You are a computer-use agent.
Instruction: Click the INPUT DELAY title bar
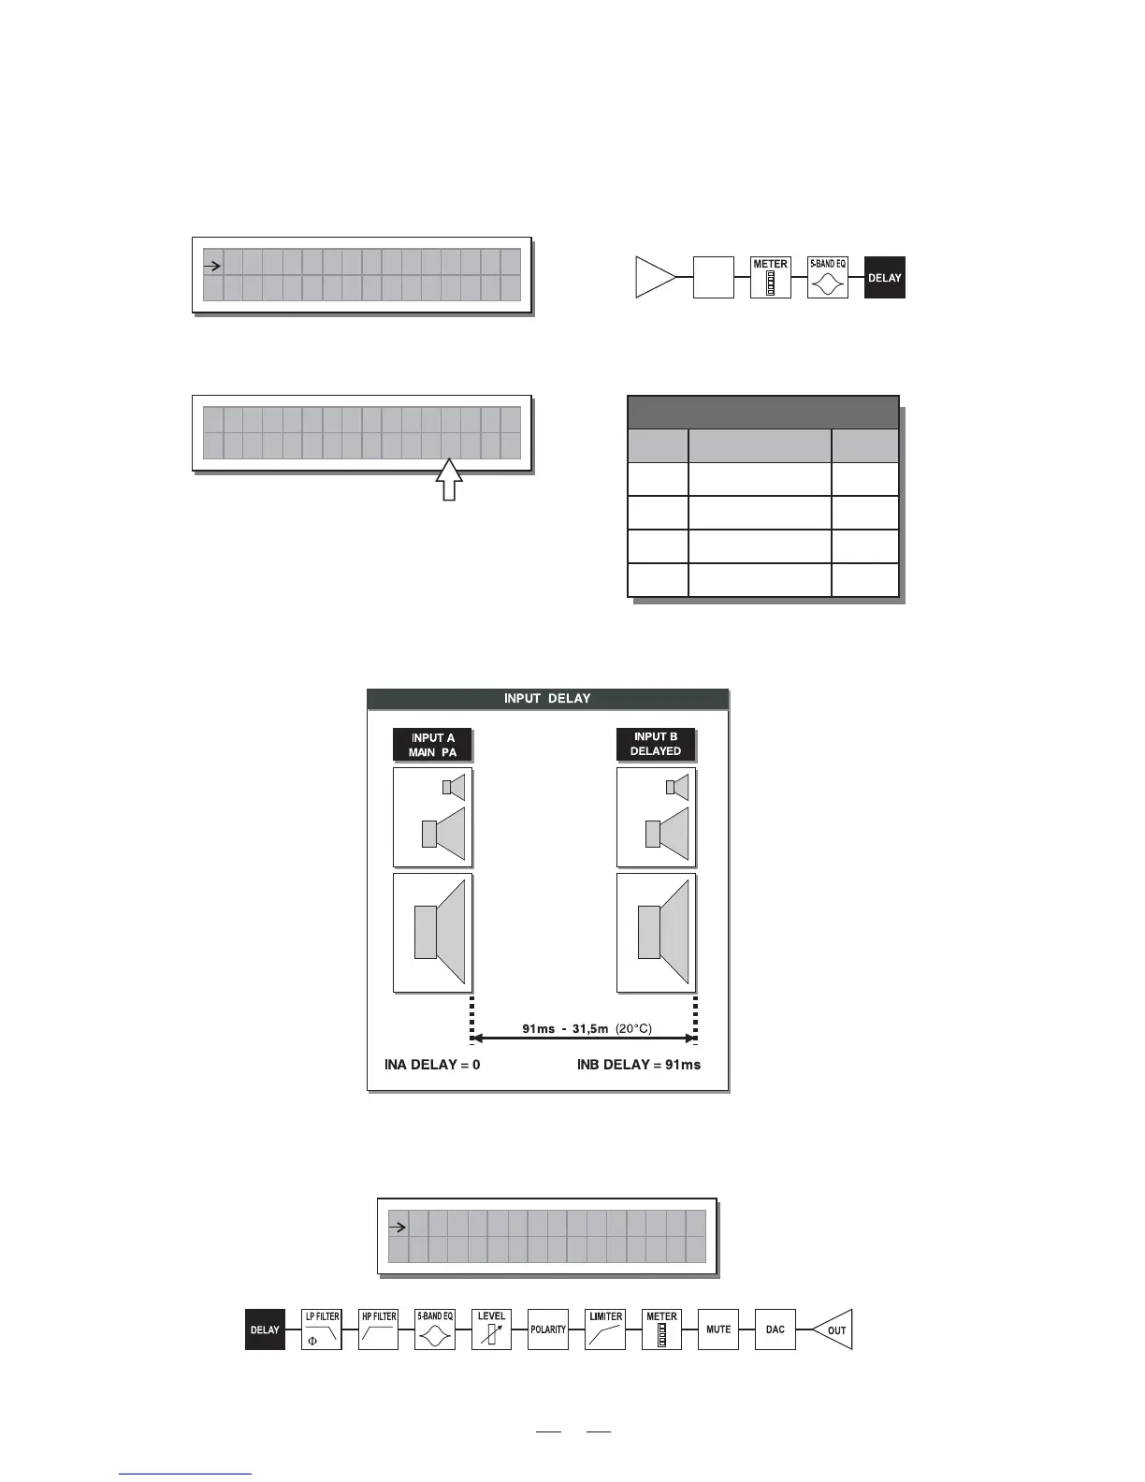[x=547, y=699]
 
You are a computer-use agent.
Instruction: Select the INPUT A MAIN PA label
[x=432, y=745]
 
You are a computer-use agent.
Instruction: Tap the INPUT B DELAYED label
[x=655, y=744]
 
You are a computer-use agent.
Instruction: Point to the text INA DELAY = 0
[x=432, y=1065]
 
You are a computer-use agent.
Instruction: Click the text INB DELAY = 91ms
[x=639, y=1065]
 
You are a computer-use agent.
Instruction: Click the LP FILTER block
[x=322, y=1329]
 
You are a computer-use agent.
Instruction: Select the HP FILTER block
[x=379, y=1329]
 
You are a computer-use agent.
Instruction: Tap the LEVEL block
[x=491, y=1329]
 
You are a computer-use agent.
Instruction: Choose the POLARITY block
[x=548, y=1329]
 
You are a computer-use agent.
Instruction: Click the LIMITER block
[x=605, y=1329]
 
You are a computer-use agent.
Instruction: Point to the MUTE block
[x=718, y=1329]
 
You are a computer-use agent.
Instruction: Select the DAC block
[x=775, y=1329]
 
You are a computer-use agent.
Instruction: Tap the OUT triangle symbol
[x=833, y=1329]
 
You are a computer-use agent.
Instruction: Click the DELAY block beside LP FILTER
[x=265, y=1329]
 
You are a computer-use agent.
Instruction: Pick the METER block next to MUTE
[x=661, y=1329]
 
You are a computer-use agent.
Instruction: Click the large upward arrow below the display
[x=450, y=479]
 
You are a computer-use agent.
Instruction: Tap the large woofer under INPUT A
[x=440, y=932]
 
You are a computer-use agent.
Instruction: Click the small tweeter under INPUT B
[x=677, y=787]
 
